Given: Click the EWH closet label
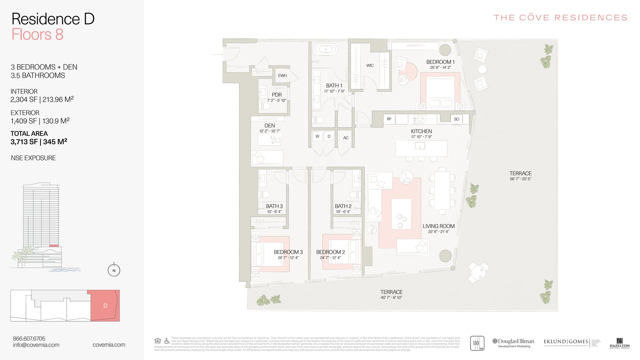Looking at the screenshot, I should pos(282,76).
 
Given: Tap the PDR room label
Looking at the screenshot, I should pos(277,95).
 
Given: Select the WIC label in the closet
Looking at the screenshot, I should pos(370,65).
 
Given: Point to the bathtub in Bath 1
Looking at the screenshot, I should pos(326,49).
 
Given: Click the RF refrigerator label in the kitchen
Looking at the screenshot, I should pos(389,119).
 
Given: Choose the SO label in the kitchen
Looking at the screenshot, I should pos(456,119).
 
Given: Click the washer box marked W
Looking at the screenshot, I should pos(317,136).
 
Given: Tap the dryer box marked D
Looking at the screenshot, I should pos(329,136).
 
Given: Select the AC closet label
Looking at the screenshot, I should pos(346,138).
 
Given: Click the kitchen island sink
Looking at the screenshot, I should pos(420,145).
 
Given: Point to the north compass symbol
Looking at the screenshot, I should pos(114,270).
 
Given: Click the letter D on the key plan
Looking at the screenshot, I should pos(105,306).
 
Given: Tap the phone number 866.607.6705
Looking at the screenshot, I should pos(29,338).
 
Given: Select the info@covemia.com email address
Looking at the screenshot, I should pos(36,345).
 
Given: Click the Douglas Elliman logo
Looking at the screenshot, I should pos(514,343).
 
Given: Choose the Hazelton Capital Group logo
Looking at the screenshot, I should pos(619,343).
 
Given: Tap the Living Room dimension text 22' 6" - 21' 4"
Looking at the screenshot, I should pos(438,232).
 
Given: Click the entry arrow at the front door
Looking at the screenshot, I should pos(218,54).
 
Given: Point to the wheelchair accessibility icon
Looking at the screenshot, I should pos(167,341).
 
